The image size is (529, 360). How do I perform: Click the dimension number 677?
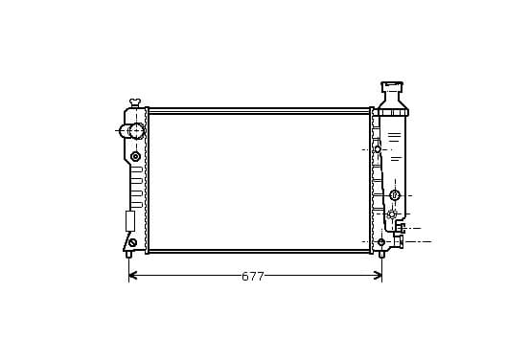pos(253,277)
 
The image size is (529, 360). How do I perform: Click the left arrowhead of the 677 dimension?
pos(132,276)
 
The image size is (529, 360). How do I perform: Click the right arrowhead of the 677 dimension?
pos(379,276)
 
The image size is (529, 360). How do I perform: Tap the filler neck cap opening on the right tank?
pos(392,86)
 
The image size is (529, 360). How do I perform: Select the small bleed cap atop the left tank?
pos(135,101)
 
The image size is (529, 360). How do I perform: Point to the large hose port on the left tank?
pos(136,130)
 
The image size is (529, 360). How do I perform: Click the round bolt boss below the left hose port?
pos(135,156)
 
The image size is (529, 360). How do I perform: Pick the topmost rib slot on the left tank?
pos(136,169)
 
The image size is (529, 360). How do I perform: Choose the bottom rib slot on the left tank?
pos(136,205)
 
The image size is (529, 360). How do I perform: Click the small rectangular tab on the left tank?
pos(130,221)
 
